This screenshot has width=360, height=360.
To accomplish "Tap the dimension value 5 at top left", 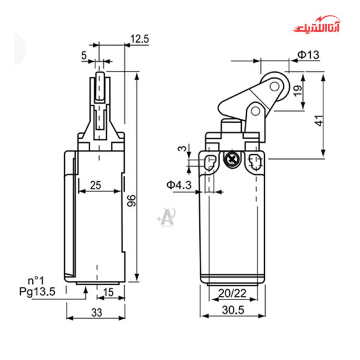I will coord(84,55).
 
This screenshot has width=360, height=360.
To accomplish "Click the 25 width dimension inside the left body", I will coord(95,185).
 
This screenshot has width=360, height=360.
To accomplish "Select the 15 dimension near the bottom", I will coord(109,292).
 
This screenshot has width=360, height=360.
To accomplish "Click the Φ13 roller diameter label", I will coord(308,55).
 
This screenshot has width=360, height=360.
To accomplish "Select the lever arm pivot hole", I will coord(254,111).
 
